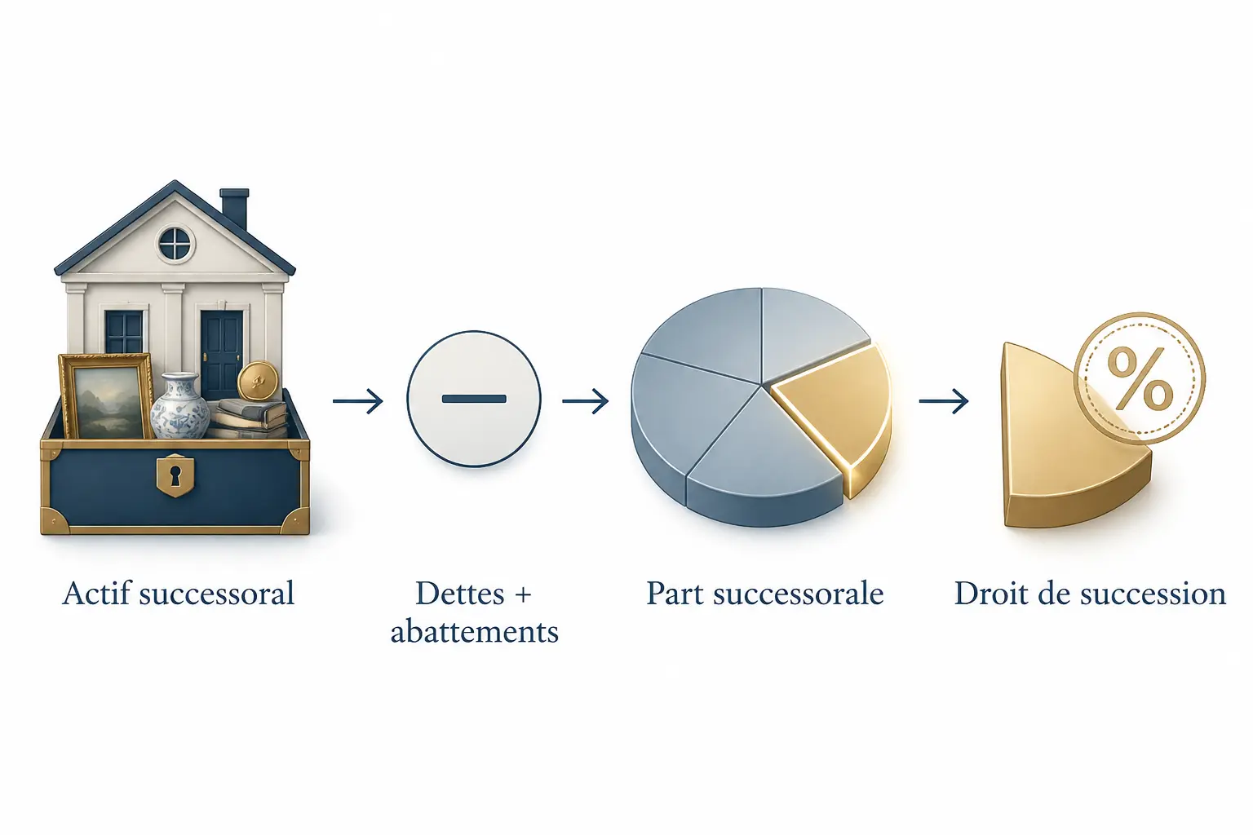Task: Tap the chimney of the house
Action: coord(234,208)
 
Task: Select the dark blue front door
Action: coord(222,353)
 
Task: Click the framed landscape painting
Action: coord(106,396)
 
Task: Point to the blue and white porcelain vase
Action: coord(180,406)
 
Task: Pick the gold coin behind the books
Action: coord(258,381)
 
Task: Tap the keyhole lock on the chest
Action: coord(175,475)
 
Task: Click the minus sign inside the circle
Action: coord(474,399)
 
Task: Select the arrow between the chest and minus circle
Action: coord(358,401)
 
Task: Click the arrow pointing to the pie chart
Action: coord(586,401)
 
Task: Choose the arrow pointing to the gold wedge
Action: coord(944,401)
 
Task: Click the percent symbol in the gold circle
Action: coord(1140,378)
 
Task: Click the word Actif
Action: coord(97,593)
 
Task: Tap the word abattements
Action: coord(474,632)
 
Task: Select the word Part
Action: coord(674,594)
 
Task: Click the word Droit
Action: coord(990,594)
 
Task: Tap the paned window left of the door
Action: coord(124,333)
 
